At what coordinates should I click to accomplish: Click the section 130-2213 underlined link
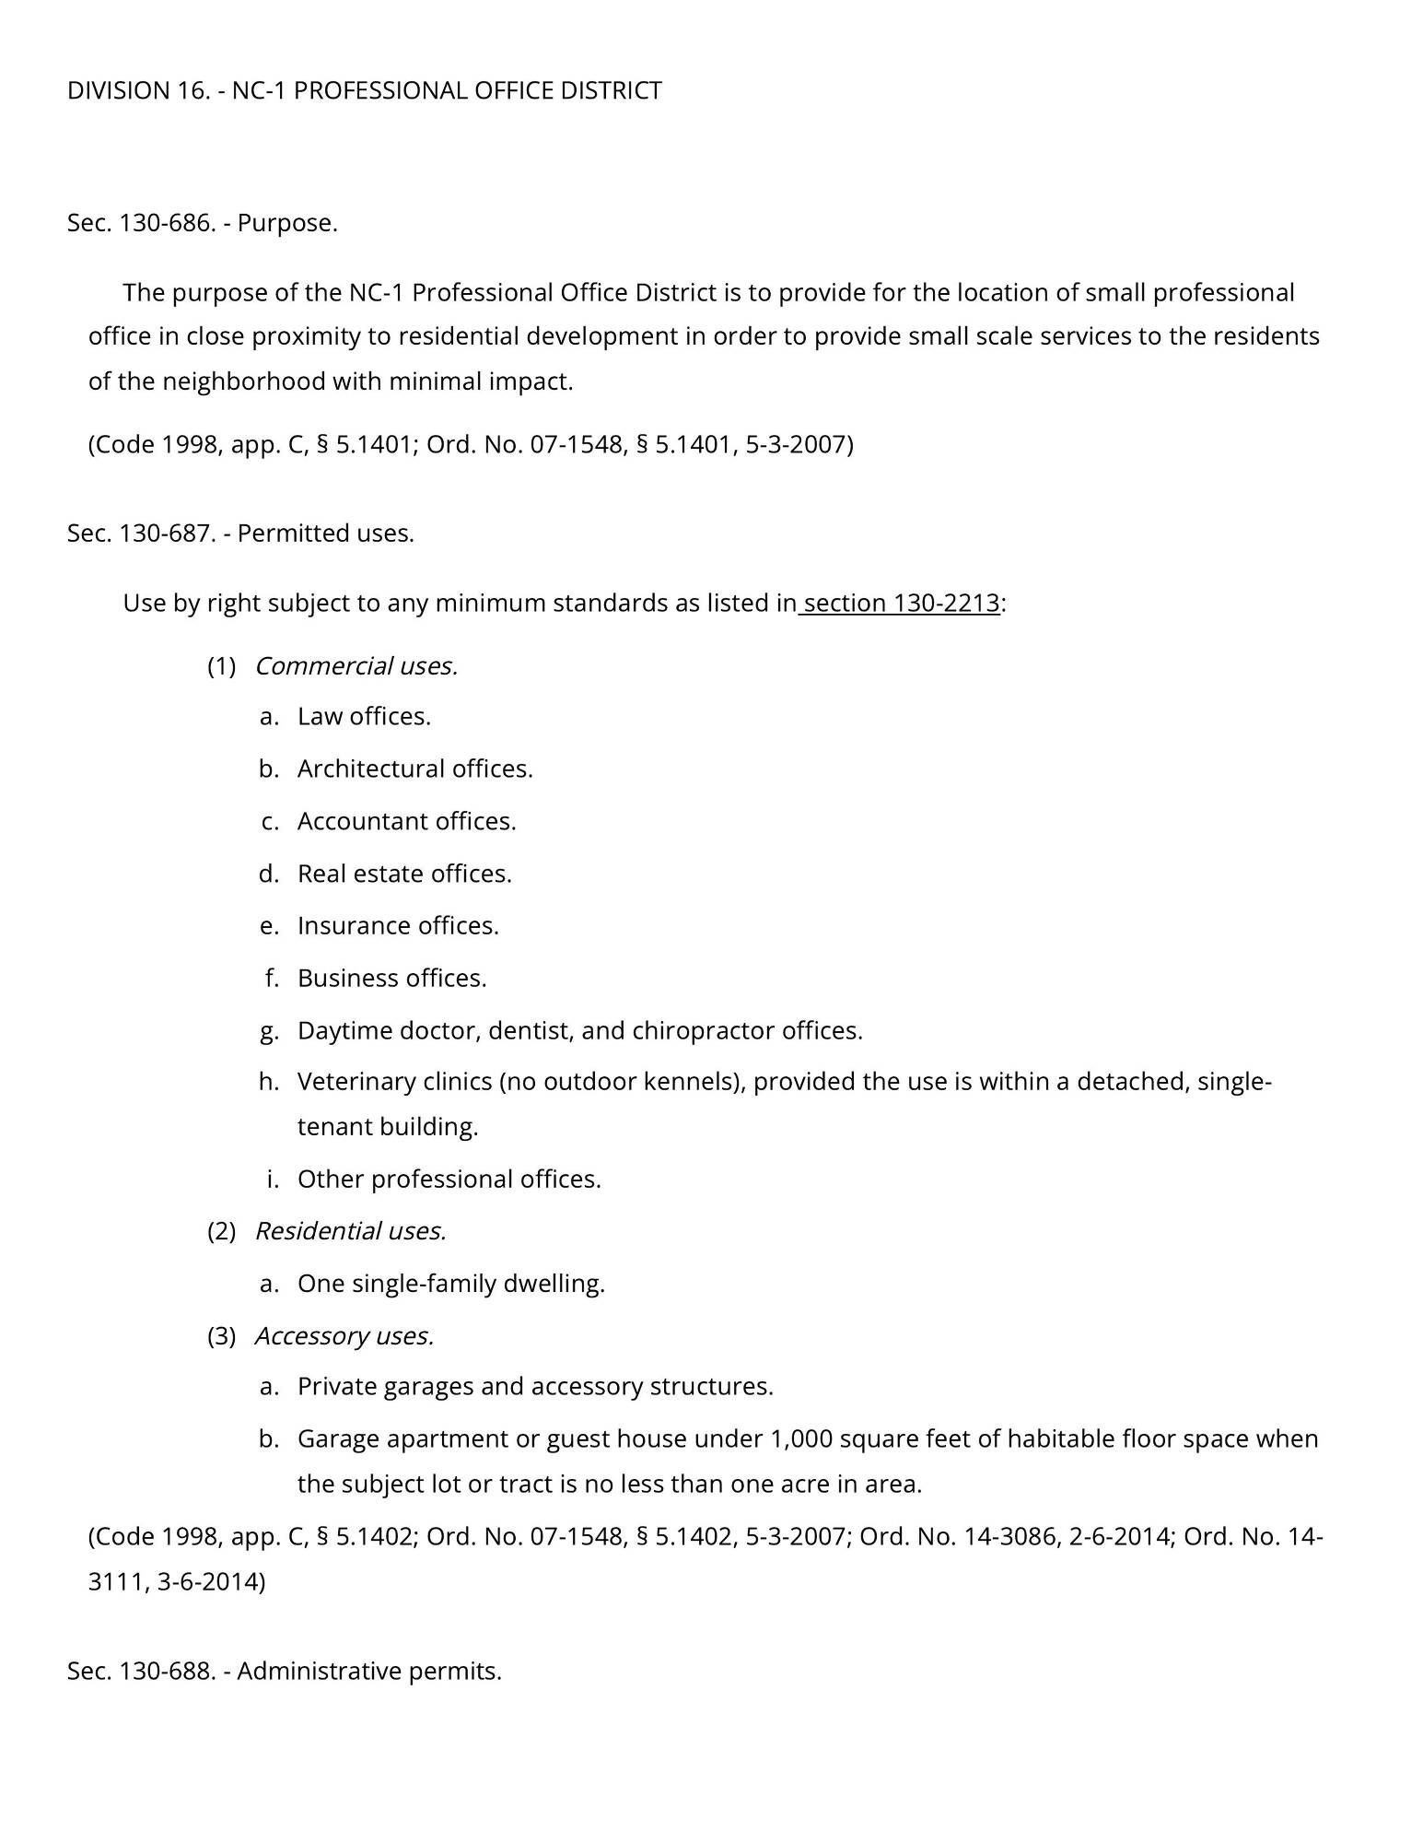(901, 604)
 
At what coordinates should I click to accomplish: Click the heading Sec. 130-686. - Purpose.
(203, 223)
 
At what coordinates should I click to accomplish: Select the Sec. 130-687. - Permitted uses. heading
(240, 534)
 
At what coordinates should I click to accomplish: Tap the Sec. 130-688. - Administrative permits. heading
(285, 1671)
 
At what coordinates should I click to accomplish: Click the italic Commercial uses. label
(356, 666)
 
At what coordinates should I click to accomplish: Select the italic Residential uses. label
(350, 1231)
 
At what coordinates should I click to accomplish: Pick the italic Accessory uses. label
(344, 1336)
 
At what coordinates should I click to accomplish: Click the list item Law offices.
(364, 717)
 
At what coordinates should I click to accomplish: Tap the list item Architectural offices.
(414, 769)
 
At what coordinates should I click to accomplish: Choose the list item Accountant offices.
(406, 821)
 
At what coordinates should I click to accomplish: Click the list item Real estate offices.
(403, 874)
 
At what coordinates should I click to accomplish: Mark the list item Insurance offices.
(398, 926)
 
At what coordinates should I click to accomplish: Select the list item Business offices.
(391, 978)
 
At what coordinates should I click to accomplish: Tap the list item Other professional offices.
(449, 1180)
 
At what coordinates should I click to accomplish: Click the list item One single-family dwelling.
(450, 1284)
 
